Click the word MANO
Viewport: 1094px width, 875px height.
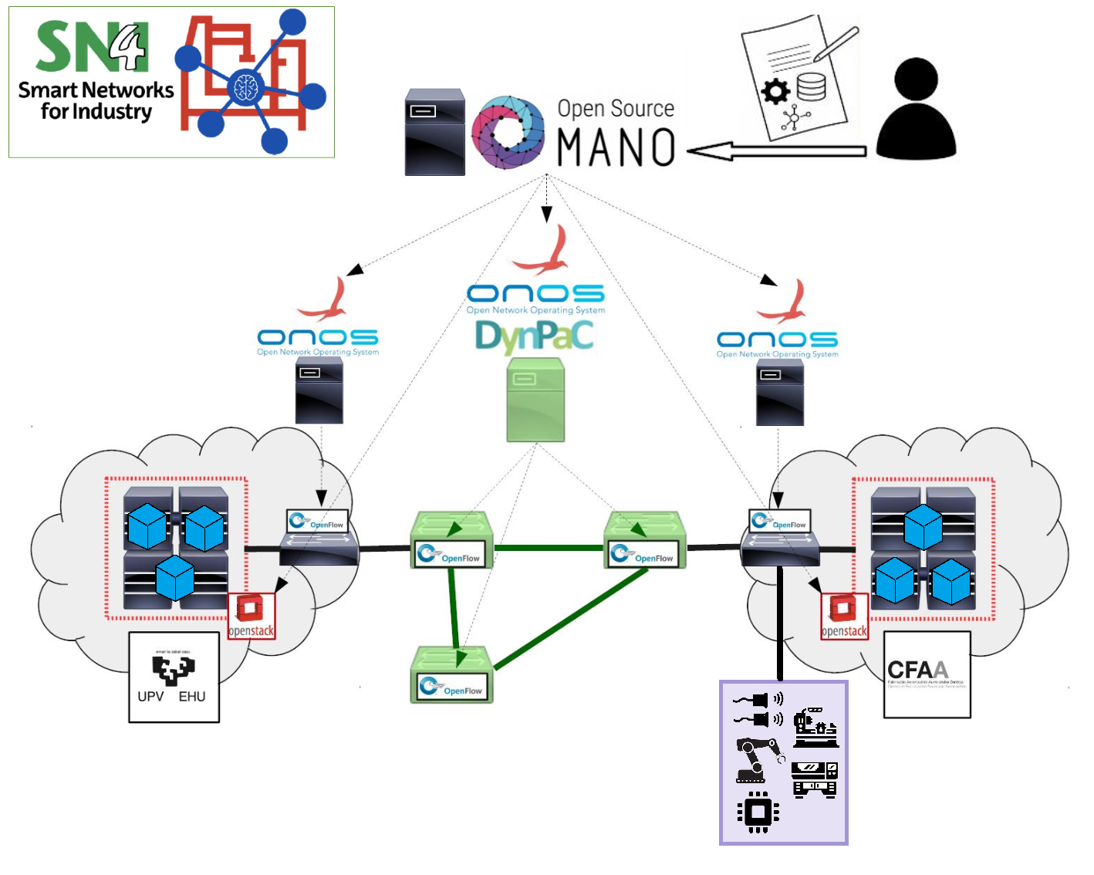click(616, 147)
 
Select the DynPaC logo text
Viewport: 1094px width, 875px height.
click(534, 336)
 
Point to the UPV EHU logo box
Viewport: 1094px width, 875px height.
click(174, 677)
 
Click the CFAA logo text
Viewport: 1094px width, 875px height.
click(917, 670)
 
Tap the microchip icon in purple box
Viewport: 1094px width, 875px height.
click(758, 812)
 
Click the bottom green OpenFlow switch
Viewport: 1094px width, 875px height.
click(452, 674)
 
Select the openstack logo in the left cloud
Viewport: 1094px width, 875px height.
click(251, 616)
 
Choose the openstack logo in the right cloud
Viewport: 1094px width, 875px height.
click(844, 616)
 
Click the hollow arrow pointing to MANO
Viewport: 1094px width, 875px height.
click(775, 151)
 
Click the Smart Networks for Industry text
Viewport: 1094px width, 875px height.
click(96, 101)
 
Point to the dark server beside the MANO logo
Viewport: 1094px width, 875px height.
click(435, 132)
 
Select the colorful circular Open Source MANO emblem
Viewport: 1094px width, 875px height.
click(508, 132)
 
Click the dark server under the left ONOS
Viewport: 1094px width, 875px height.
click(319, 390)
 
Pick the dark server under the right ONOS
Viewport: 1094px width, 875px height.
click(779, 392)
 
